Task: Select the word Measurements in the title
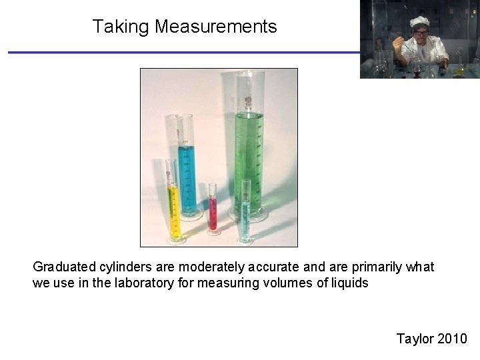215,27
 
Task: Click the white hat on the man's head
419,21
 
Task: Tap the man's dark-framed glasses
421,33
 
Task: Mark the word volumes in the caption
291,283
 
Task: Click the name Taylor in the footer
415,339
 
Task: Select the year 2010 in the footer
453,339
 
